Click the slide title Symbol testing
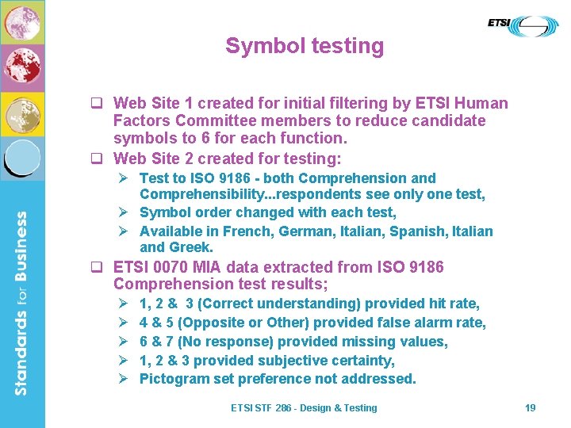coord(305,46)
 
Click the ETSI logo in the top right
coord(523,25)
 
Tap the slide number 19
coord(531,407)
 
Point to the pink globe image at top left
coord(22,22)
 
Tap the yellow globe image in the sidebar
coord(22,113)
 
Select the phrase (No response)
coord(236,342)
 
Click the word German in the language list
coord(301,231)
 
